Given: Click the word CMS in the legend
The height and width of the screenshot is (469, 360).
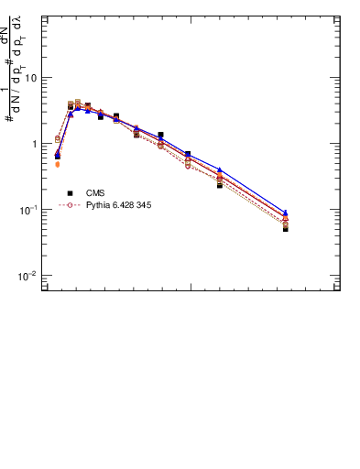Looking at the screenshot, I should (95, 193).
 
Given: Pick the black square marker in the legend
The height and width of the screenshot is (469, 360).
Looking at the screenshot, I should (70, 193).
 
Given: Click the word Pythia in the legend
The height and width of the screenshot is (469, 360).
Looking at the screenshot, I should (99, 205).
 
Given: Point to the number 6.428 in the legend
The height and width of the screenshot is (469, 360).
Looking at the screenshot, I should (123, 205).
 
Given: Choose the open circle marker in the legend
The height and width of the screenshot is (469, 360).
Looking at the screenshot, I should (70, 205).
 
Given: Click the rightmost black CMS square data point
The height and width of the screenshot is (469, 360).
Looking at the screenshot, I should (286, 229).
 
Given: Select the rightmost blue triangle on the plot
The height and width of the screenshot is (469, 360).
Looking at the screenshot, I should (286, 213).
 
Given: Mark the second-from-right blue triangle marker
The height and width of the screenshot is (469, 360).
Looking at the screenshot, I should (220, 169).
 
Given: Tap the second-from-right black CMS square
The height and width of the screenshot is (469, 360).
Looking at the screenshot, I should (220, 185).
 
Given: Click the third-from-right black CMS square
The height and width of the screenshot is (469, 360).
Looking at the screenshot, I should (188, 154).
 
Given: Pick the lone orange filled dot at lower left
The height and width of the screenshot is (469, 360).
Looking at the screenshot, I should (58, 165).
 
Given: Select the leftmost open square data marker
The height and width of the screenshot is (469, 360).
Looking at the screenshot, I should (58, 138).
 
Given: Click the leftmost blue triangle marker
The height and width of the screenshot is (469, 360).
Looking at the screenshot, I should (58, 153).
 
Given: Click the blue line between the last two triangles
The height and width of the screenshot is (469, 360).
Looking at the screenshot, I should (253, 191).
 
